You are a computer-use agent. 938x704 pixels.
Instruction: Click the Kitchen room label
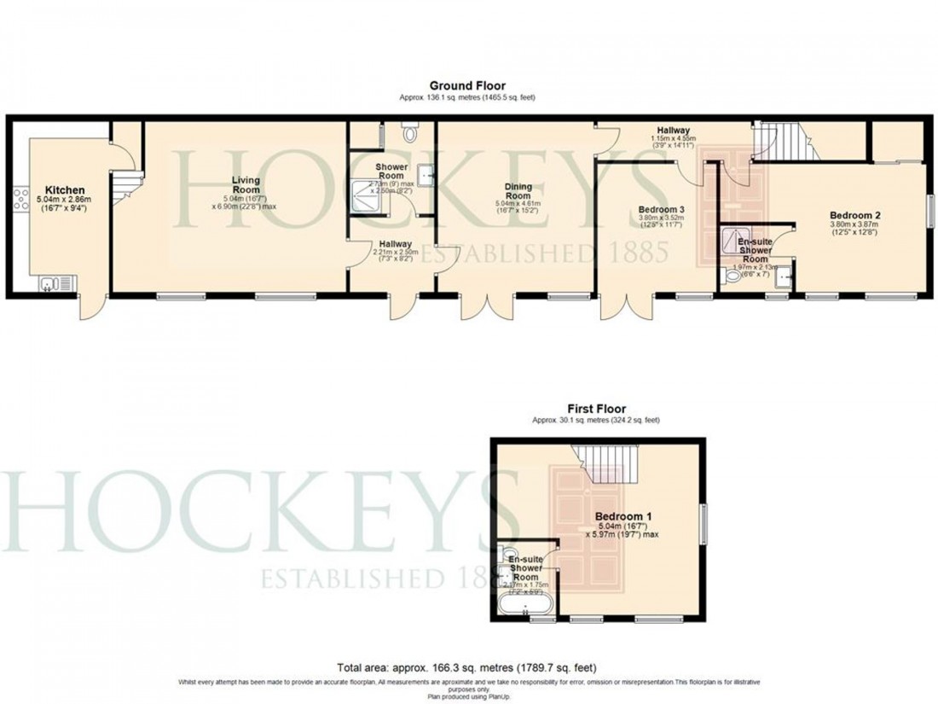[64, 189]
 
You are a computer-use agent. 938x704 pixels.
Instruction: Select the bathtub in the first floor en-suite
[525, 607]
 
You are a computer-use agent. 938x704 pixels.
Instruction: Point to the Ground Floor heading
[466, 85]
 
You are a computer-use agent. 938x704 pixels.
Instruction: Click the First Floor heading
[596, 410]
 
